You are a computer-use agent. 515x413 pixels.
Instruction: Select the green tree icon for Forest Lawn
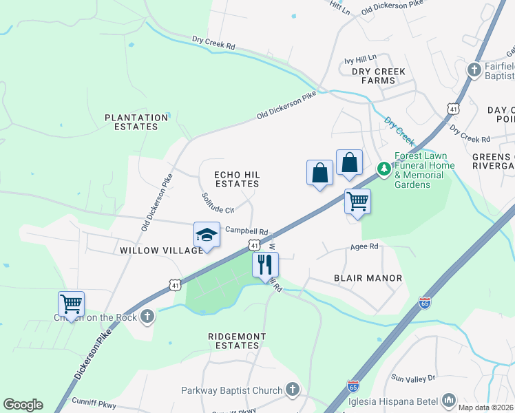(383, 168)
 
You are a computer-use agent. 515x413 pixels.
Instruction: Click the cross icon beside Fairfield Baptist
(474, 70)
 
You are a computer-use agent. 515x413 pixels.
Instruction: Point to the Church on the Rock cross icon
(146, 317)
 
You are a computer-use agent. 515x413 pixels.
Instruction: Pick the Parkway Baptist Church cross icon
(293, 390)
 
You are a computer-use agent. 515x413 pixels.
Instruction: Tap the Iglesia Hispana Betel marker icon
(449, 399)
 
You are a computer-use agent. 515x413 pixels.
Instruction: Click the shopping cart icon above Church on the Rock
(72, 303)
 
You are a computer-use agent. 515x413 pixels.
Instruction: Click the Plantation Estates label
(136, 122)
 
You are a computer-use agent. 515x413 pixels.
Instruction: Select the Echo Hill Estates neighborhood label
(237, 180)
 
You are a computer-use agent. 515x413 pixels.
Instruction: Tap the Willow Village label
(162, 251)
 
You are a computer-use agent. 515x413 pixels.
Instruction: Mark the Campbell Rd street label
(246, 232)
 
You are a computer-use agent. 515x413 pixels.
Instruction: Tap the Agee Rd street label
(364, 246)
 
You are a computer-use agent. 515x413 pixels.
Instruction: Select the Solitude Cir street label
(218, 204)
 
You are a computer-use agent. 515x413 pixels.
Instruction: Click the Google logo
(23, 405)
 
